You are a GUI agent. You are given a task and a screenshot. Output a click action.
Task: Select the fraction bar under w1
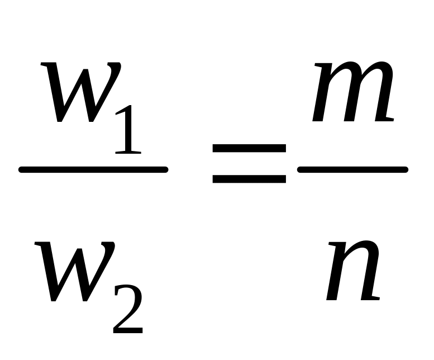click(93, 169)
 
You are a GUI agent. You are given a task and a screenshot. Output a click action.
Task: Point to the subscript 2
click(128, 310)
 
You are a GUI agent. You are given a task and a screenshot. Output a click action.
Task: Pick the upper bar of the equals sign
click(249, 149)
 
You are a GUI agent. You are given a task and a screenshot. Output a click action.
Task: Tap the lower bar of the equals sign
click(249, 179)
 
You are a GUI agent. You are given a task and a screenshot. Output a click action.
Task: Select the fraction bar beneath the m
click(352, 169)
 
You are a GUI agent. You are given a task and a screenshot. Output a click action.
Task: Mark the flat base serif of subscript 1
click(126, 151)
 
